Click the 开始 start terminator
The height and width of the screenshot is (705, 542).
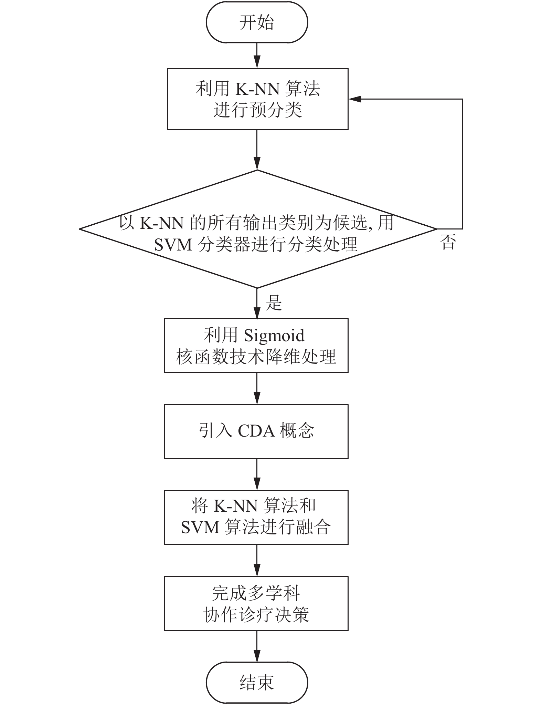[257, 23]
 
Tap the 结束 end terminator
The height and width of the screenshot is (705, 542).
[257, 682]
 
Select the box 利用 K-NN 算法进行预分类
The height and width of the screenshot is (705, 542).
[258, 99]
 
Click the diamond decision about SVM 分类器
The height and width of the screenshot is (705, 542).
[258, 229]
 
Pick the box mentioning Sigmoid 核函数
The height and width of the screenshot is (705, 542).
[256, 346]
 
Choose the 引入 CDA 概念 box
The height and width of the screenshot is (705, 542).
[256, 431]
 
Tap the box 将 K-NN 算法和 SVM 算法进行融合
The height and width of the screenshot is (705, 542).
[256, 517]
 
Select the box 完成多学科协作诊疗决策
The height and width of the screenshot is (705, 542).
[256, 604]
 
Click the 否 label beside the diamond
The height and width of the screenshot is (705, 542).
[448, 242]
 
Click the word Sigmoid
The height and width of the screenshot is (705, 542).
[274, 336]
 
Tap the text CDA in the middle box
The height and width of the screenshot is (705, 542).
[256, 431]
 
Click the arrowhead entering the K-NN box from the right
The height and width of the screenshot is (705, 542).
[354, 99]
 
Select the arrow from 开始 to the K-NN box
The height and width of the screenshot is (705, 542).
[257, 55]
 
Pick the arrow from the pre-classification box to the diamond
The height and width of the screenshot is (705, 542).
[257, 150]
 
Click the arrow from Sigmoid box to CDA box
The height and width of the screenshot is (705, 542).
[257, 389]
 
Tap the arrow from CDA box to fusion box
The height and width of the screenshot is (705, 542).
[257, 474]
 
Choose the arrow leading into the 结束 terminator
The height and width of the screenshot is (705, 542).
[257, 646]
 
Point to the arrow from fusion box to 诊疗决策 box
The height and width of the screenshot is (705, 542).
[257, 561]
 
